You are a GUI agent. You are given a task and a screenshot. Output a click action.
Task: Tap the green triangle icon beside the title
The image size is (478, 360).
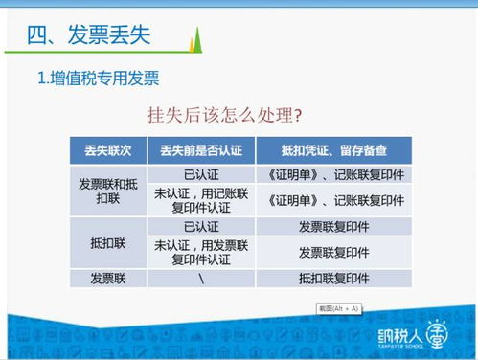pos(196,40)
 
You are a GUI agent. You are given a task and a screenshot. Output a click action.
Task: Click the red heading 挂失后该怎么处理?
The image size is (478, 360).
pos(225,116)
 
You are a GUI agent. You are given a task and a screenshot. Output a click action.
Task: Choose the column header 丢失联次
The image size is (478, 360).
pos(108,150)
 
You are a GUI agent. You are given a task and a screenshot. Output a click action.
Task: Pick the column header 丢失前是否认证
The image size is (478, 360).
pos(201,150)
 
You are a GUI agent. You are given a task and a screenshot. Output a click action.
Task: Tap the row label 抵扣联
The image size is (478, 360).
pos(108,243)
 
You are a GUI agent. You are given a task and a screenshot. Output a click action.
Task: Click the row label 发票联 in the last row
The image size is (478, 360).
pos(108,279)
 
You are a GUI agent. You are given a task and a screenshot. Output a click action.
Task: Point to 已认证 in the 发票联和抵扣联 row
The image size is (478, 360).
pos(201,173)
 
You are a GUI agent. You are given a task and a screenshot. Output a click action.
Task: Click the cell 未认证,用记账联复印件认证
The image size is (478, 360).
pos(201,200)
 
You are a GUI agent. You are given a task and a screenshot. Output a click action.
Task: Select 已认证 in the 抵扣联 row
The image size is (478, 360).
pos(201,227)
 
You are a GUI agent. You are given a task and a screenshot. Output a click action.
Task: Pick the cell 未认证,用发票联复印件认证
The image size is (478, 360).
pos(201,252)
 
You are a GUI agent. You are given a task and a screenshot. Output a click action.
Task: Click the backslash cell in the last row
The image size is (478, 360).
pos(201,279)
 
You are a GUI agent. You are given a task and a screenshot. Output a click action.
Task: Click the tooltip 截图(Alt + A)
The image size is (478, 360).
pos(338,307)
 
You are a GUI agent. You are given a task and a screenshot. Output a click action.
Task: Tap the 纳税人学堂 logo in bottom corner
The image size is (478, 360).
pos(430,338)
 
